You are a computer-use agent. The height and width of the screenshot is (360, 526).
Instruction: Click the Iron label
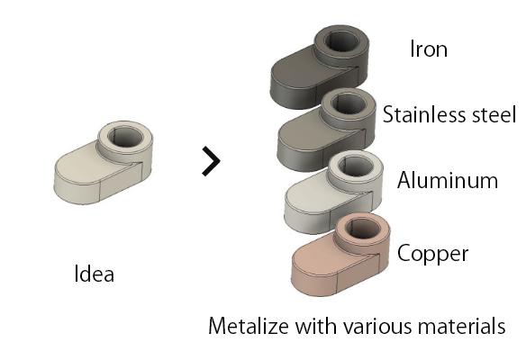click(429, 49)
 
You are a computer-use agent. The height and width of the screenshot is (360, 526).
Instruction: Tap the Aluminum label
click(447, 180)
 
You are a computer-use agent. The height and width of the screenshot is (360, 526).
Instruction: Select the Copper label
click(432, 254)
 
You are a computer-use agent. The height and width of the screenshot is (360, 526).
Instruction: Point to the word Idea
click(94, 274)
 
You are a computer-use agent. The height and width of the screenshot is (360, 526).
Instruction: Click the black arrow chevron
click(211, 161)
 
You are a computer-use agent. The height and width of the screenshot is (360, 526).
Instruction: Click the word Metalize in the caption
click(249, 326)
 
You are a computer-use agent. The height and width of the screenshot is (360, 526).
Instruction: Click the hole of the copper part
click(363, 229)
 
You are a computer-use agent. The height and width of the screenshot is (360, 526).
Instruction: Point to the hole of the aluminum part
click(356, 166)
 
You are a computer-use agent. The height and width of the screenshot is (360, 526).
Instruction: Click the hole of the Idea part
click(126, 137)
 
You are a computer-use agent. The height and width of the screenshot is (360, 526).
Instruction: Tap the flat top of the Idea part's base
click(86, 166)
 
